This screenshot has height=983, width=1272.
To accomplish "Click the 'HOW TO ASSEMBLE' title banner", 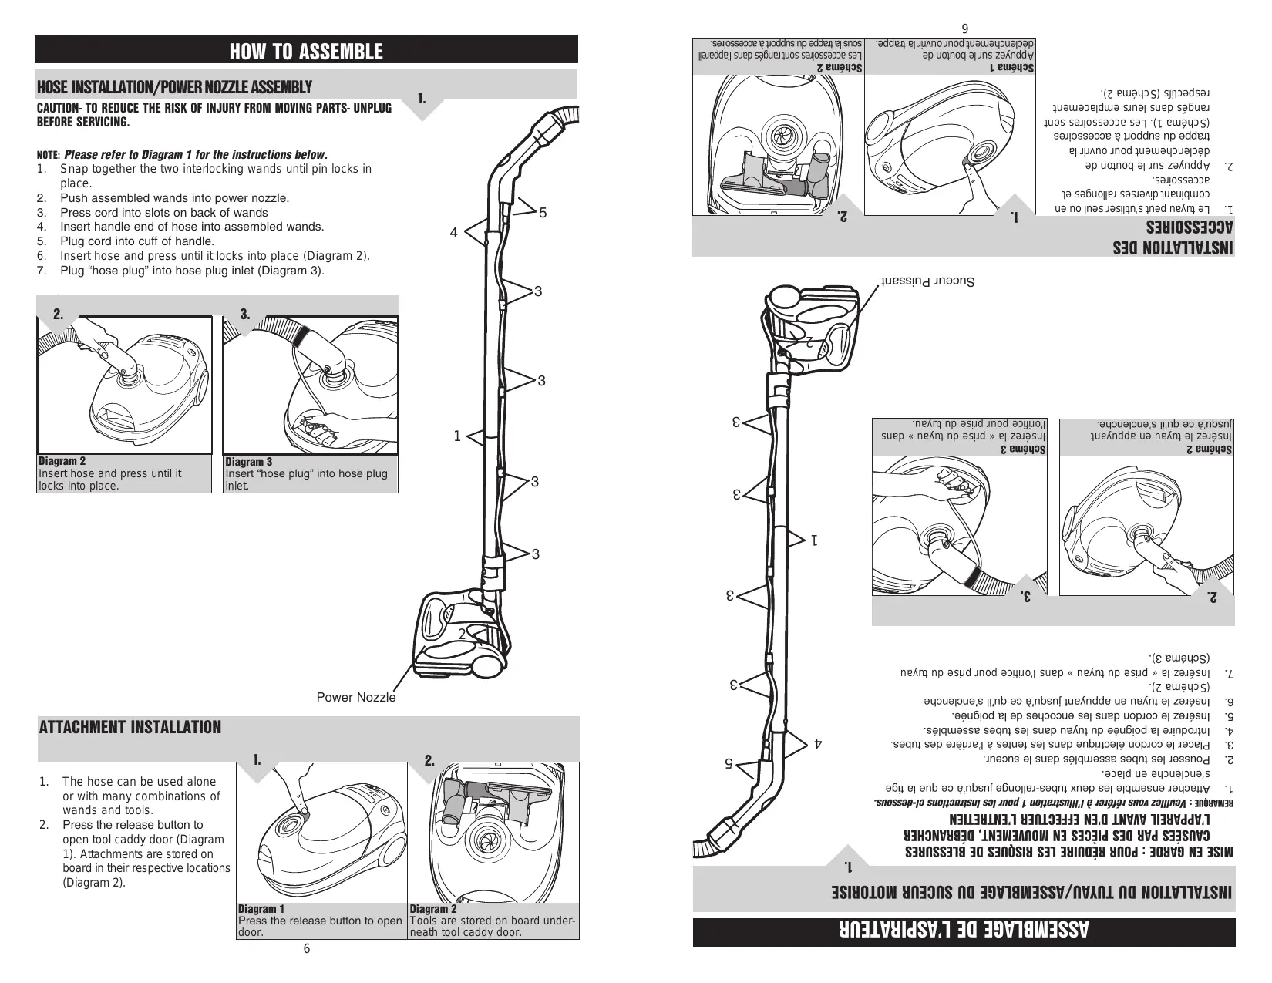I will (306, 52).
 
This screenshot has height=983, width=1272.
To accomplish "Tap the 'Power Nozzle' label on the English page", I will (356, 698).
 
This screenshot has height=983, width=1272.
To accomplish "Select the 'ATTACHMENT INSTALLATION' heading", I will (130, 727).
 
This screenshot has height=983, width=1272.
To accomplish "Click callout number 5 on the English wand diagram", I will (543, 212).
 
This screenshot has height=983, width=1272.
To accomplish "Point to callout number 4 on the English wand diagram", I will (454, 232).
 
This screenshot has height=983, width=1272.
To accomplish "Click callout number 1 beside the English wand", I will (457, 436).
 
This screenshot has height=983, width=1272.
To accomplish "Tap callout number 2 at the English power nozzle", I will (463, 634).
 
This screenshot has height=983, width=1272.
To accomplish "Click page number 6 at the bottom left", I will (306, 948).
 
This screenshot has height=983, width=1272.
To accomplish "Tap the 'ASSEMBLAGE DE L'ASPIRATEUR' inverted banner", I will (964, 931).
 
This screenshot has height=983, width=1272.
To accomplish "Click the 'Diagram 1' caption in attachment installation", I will (261, 909).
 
